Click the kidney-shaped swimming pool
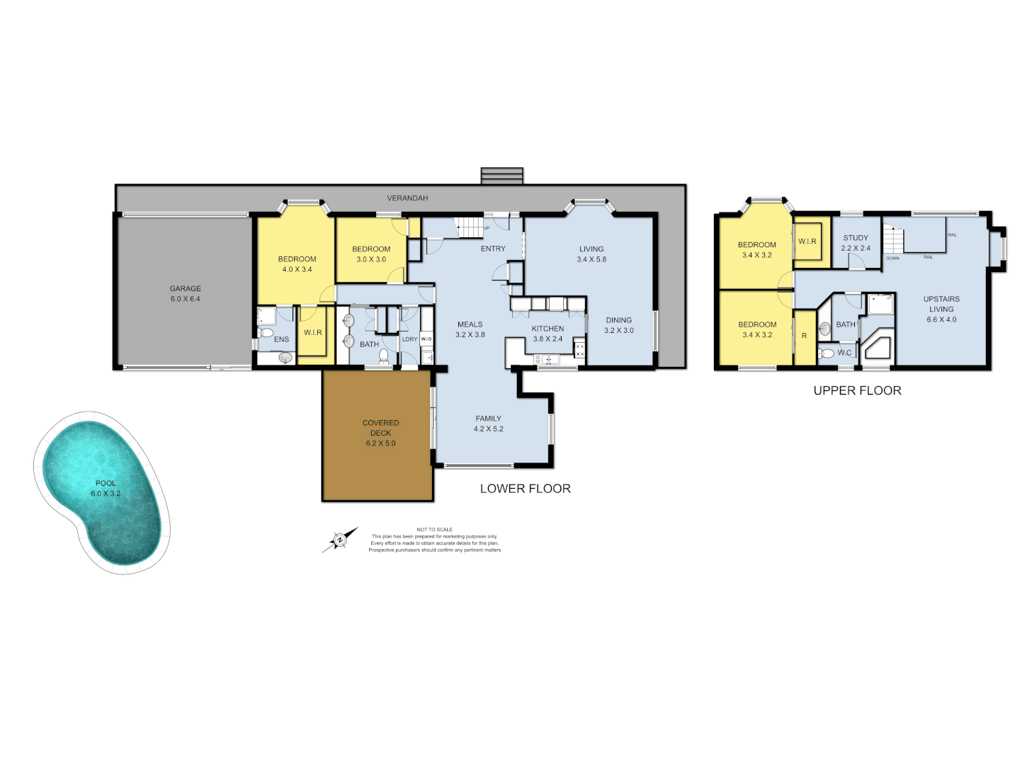pos(103,489)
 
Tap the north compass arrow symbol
pos(340,540)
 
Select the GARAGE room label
pos(185,289)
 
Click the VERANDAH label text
pos(407,198)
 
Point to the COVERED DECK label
pos(380,428)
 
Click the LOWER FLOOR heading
pos(525,489)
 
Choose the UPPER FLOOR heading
pos(857,391)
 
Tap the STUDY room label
pos(856,238)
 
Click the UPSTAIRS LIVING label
pos(941,304)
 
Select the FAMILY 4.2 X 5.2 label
pos(489,424)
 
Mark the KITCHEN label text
pos(548,329)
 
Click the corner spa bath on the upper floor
pos(876,348)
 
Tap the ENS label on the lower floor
pos(281,339)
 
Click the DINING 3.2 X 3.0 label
pos(618,325)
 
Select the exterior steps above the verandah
pos(501,176)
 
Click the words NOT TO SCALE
pos(434,530)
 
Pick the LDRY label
pos(409,339)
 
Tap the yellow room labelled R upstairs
pos(804,336)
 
